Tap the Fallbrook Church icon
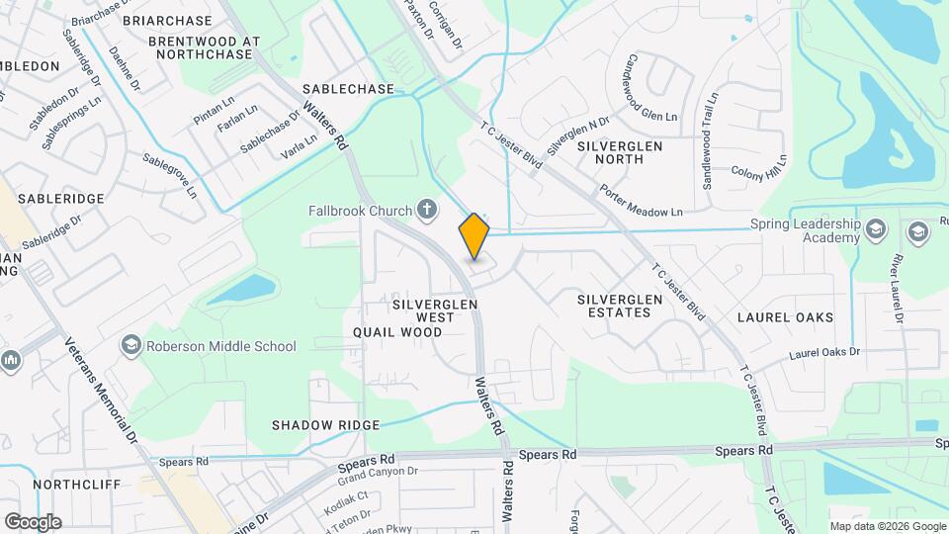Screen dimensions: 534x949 tap(427, 209)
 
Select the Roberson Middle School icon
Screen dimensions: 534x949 tap(130, 345)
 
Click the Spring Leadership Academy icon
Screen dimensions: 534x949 tap(875, 230)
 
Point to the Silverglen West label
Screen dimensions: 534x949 tap(435, 311)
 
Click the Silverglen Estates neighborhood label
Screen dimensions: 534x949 tap(614, 305)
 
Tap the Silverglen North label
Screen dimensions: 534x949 tap(620, 152)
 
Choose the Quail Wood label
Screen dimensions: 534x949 tap(396, 332)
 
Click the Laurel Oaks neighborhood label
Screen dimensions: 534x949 tap(785, 317)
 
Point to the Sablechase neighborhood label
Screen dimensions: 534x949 tap(348, 89)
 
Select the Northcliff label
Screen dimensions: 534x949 tap(76, 485)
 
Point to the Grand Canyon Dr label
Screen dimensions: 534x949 tap(379, 476)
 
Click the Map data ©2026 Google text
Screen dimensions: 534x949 tap(887, 526)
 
